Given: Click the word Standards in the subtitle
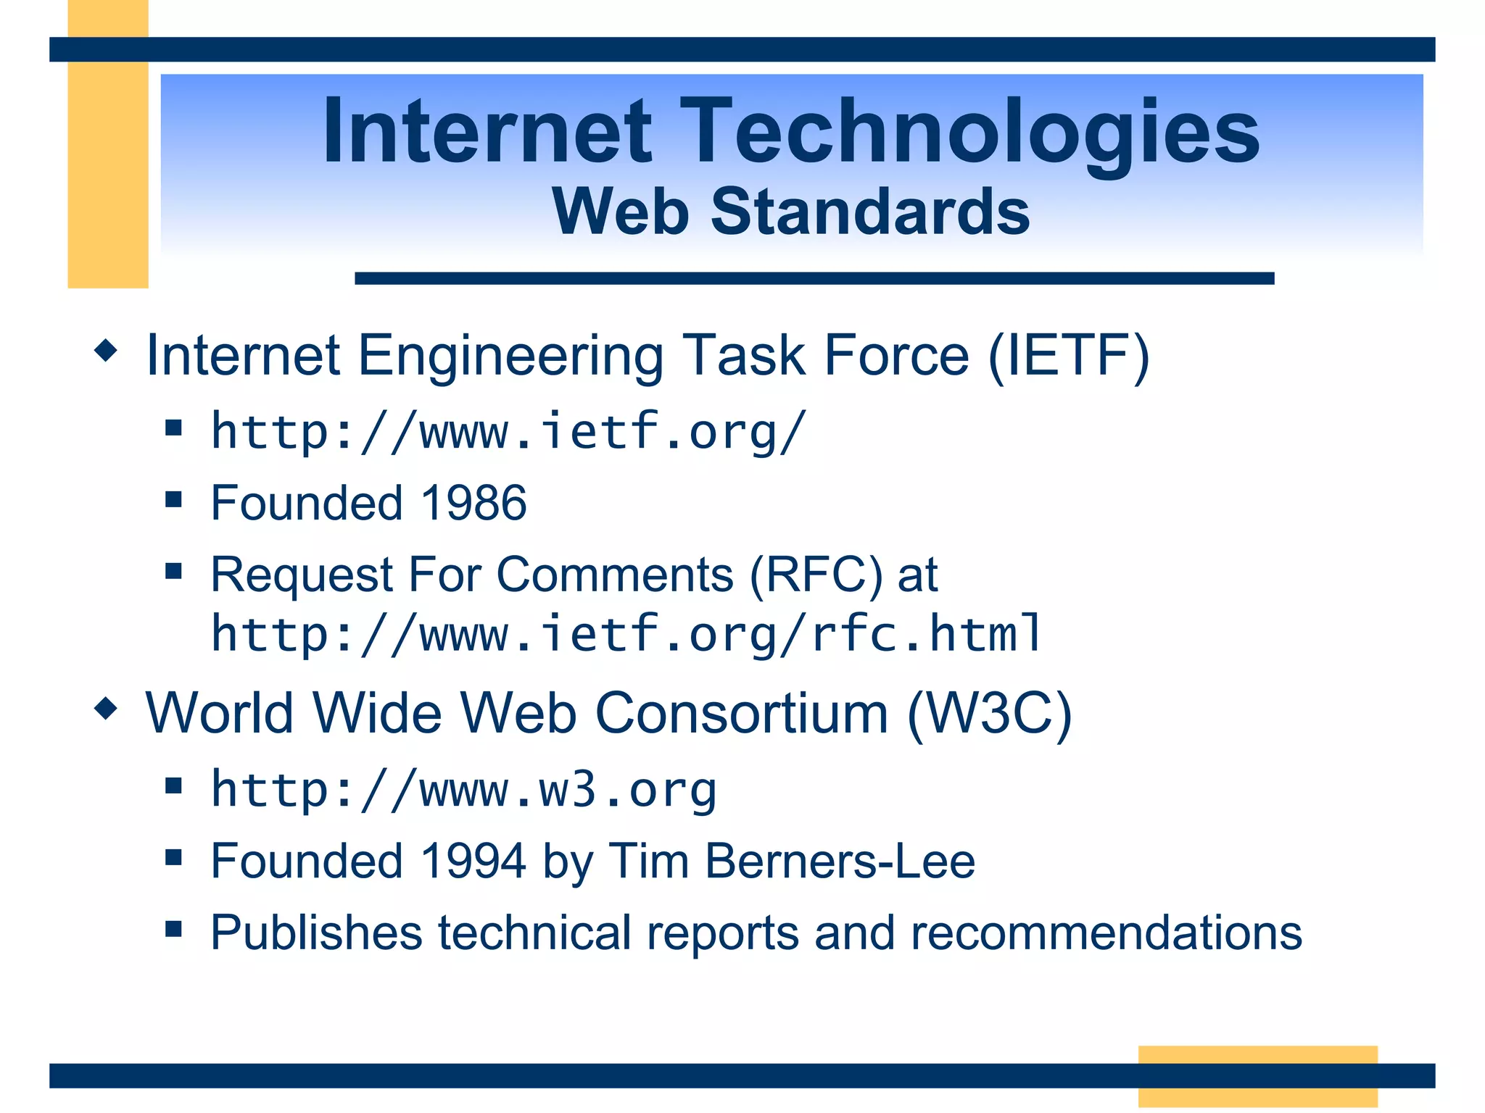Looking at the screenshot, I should point(869,212).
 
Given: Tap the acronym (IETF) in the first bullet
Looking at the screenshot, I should point(1069,356).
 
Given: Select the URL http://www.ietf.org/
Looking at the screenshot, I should point(508,433).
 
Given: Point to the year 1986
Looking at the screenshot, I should point(473,503).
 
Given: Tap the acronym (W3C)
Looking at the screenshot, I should point(990,714).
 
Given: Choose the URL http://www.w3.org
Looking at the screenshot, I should point(464,790).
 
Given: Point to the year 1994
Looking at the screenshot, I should point(473,862).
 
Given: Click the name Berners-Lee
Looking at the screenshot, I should point(840,862).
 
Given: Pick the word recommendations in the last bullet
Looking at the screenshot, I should point(1106,933).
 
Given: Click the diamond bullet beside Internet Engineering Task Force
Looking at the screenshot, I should point(106,351).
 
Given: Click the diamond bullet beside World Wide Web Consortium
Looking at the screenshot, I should point(106,708).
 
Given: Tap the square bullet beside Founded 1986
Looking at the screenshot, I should point(173,499).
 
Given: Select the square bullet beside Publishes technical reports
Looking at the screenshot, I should point(173,929).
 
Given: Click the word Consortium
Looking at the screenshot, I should point(741,714).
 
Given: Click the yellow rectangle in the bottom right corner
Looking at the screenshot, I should point(1257,1075).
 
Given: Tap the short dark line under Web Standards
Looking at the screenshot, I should point(814,278).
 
